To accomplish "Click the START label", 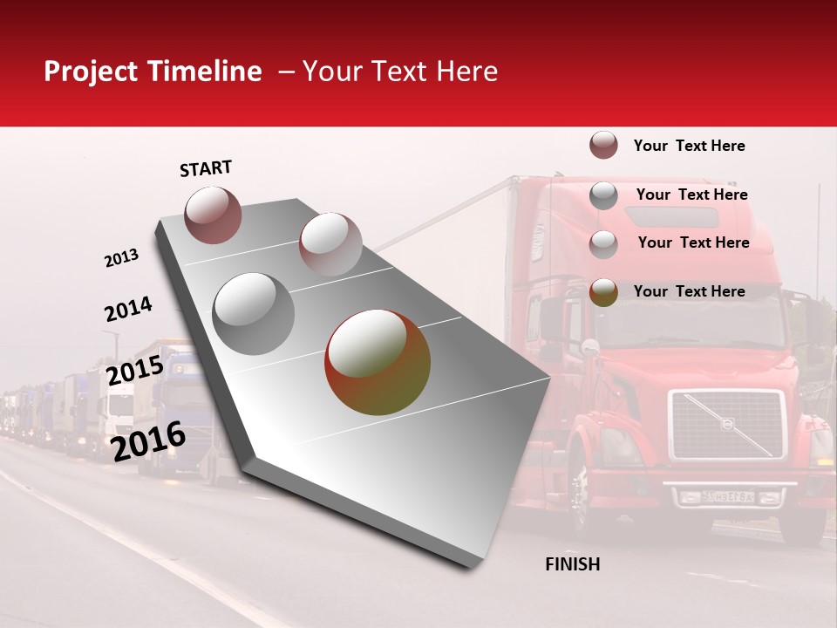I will tap(206, 168).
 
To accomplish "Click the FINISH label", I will tap(572, 564).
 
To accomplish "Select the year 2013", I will tap(121, 258).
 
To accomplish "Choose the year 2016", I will tap(148, 441).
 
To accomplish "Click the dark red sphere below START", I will tap(213, 215).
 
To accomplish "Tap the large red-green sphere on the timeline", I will tap(378, 362).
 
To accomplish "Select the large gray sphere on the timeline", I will tap(254, 313).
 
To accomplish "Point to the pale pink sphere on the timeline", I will tap(330, 243).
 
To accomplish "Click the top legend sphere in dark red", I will tap(603, 146).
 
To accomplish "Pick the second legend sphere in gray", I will tap(603, 195).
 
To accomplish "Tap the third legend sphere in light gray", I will tap(603, 244).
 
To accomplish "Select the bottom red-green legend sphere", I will tap(603, 292).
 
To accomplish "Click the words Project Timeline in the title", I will tap(153, 72).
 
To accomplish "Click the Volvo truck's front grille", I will tap(727, 425).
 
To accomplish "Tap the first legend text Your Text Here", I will tap(690, 146).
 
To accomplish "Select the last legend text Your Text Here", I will tap(690, 291).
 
